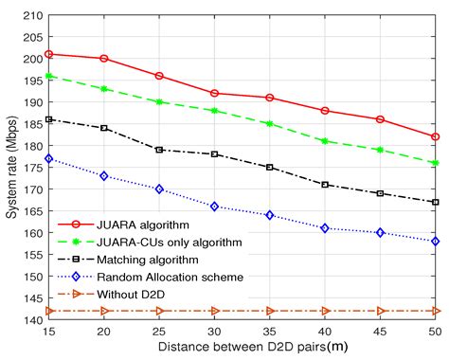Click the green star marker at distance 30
(x=215, y=111)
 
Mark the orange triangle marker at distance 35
(x=270, y=311)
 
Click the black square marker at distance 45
(x=381, y=193)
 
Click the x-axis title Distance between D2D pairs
(x=242, y=348)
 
